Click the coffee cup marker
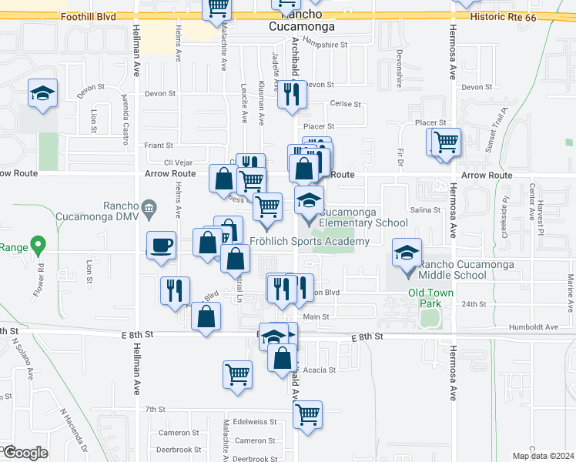tap(160, 246)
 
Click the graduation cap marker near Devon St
tap(43, 95)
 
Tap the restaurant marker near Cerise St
tap(291, 95)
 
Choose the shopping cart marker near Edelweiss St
tap(307, 415)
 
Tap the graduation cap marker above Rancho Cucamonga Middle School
tap(407, 253)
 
